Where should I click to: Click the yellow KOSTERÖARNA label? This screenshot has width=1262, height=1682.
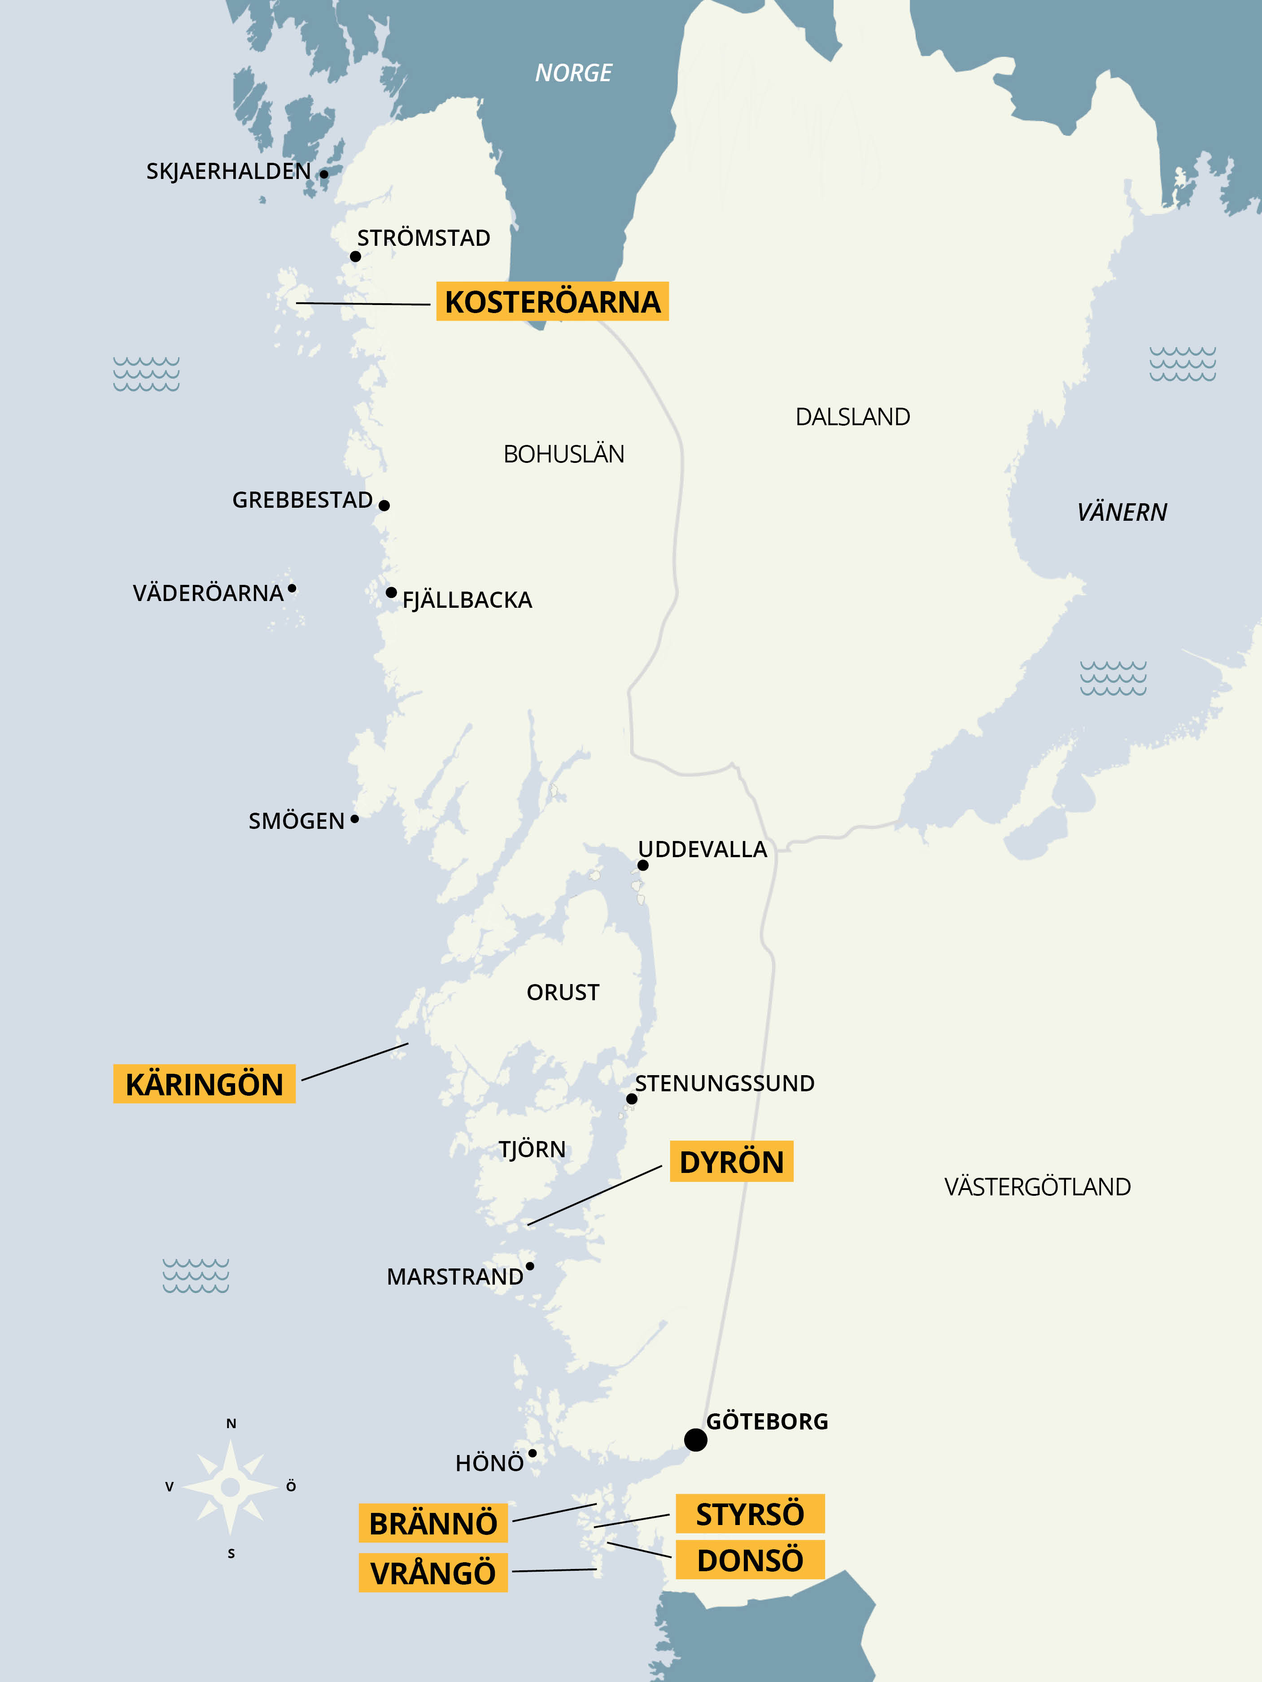pyautogui.click(x=552, y=302)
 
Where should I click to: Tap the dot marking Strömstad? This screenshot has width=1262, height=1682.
pyautogui.click(x=355, y=256)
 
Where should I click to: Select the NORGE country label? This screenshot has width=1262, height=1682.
pyautogui.click(x=573, y=73)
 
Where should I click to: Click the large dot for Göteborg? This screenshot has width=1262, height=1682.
pyautogui.click(x=695, y=1439)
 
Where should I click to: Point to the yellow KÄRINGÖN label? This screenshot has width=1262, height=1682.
pyautogui.click(x=204, y=1084)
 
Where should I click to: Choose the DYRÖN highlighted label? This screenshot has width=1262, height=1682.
pyautogui.click(x=731, y=1162)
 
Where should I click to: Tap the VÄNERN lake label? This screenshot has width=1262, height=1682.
pyautogui.click(x=1121, y=513)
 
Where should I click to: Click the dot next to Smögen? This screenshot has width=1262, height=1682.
pyautogui.click(x=354, y=819)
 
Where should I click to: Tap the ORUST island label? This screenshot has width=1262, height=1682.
pyautogui.click(x=563, y=992)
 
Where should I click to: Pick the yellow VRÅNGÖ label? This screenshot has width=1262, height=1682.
pyautogui.click(x=433, y=1573)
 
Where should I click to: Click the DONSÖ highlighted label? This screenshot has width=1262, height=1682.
pyautogui.click(x=750, y=1560)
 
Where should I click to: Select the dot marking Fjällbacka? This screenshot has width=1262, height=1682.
pyautogui.click(x=391, y=593)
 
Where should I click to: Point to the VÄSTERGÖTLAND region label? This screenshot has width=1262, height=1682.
pyautogui.click(x=1037, y=1187)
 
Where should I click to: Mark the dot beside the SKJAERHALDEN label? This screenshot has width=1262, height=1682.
pyautogui.click(x=323, y=174)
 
